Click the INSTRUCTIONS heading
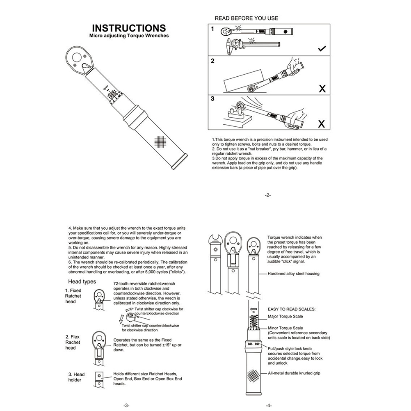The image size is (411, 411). click(129, 28)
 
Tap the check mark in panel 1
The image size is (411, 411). click(322, 49)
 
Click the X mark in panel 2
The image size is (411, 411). click(322, 88)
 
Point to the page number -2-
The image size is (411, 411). click(268, 195)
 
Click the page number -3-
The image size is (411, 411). click(126, 405)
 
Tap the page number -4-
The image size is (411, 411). click(269, 405)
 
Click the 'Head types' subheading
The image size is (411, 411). click(82, 281)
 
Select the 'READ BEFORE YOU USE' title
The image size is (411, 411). click(247, 18)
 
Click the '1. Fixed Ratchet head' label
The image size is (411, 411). click(74, 296)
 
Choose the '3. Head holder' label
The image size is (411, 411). click(76, 377)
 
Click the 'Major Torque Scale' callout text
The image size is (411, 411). click(285, 317)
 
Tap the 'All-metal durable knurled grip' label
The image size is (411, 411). click(294, 373)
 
